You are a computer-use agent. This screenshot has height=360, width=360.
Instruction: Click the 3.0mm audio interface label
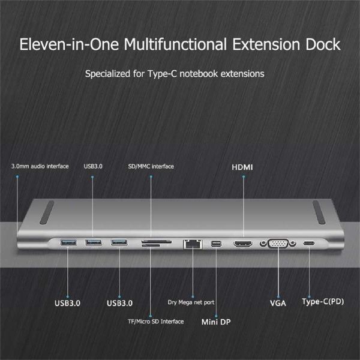pos(40,166)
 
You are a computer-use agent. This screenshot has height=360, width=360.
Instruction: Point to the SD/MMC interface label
pos(151,166)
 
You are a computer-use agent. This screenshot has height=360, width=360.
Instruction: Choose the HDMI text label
pos(243,167)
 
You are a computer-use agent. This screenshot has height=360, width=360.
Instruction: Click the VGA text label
pos(278,303)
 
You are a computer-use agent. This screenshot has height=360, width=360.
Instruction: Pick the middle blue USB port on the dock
pos(93,243)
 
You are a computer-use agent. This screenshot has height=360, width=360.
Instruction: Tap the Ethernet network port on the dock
pos(191,244)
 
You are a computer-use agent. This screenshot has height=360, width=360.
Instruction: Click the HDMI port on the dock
pos(243,244)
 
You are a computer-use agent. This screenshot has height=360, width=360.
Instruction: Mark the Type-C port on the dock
pos(310,244)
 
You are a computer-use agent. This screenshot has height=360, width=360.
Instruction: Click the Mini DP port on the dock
pos(217,244)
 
